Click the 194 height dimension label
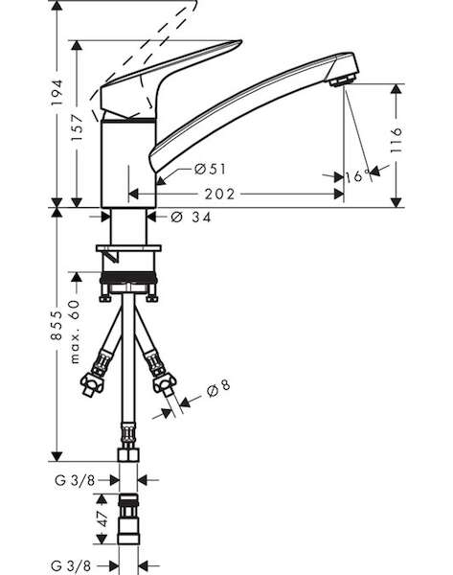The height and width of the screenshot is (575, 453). pyautogui.click(x=57, y=92)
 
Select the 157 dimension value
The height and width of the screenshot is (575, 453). pyautogui.click(x=77, y=127)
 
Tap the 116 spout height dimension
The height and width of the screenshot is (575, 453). pyautogui.click(x=396, y=140)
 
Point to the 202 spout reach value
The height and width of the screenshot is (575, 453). pyautogui.click(x=219, y=194)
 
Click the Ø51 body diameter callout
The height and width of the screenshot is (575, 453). pyautogui.click(x=211, y=169)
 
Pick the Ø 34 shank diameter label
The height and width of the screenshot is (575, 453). pyautogui.click(x=191, y=218)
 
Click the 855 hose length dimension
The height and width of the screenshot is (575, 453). pyautogui.click(x=57, y=325)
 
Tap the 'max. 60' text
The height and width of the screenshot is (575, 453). pyautogui.click(x=75, y=332)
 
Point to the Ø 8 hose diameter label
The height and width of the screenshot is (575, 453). pyautogui.click(x=218, y=389)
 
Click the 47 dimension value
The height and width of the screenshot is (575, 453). pyautogui.click(x=102, y=517)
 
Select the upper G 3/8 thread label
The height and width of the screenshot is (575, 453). pyautogui.click(x=75, y=480)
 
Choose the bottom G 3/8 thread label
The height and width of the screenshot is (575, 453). pyautogui.click(x=71, y=565)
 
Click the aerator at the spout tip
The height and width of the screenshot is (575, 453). pyautogui.click(x=343, y=80)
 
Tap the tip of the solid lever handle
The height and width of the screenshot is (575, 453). pyautogui.click(x=241, y=41)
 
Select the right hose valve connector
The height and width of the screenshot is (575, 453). pyautogui.click(x=160, y=374)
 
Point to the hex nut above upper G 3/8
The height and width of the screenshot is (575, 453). pyautogui.click(x=128, y=454)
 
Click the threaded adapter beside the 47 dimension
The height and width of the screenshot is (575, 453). pyautogui.click(x=128, y=518)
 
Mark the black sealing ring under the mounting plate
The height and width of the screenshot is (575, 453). pyautogui.click(x=128, y=277)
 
